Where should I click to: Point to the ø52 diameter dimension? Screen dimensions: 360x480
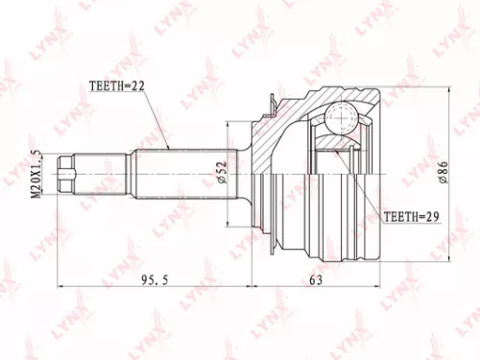(221, 174)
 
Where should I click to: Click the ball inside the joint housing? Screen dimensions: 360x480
(340, 121)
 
